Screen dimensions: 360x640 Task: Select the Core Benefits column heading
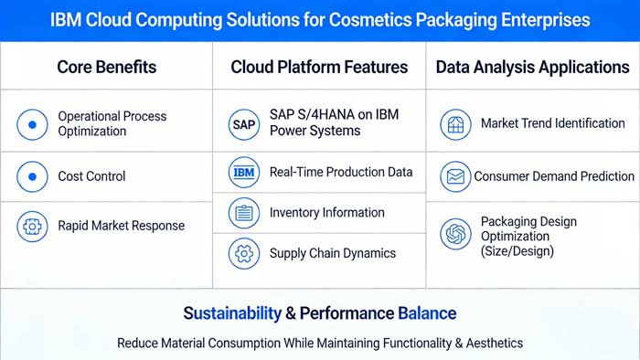click(x=106, y=67)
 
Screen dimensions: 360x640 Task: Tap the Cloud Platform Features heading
click(x=319, y=67)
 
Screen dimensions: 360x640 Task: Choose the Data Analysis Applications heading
click(x=532, y=67)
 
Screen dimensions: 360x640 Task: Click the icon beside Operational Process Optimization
click(x=32, y=123)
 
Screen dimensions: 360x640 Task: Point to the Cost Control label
click(x=91, y=175)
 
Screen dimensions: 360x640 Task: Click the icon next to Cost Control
click(x=32, y=175)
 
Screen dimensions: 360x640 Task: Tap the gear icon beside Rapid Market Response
click(x=32, y=226)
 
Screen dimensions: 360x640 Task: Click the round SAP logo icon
click(x=244, y=123)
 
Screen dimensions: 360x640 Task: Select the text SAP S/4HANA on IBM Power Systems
click(x=334, y=123)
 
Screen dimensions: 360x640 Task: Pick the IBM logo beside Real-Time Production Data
click(x=244, y=172)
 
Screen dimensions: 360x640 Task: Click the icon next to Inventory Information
click(x=244, y=213)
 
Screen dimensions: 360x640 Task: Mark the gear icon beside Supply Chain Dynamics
click(x=244, y=253)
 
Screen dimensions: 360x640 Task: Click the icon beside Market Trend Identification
click(x=454, y=123)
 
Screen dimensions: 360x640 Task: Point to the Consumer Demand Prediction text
click(x=553, y=176)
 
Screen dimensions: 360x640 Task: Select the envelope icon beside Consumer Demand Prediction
click(x=454, y=176)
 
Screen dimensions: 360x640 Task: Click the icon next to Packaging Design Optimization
click(x=454, y=235)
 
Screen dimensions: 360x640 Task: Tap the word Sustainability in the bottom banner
click(x=232, y=313)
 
